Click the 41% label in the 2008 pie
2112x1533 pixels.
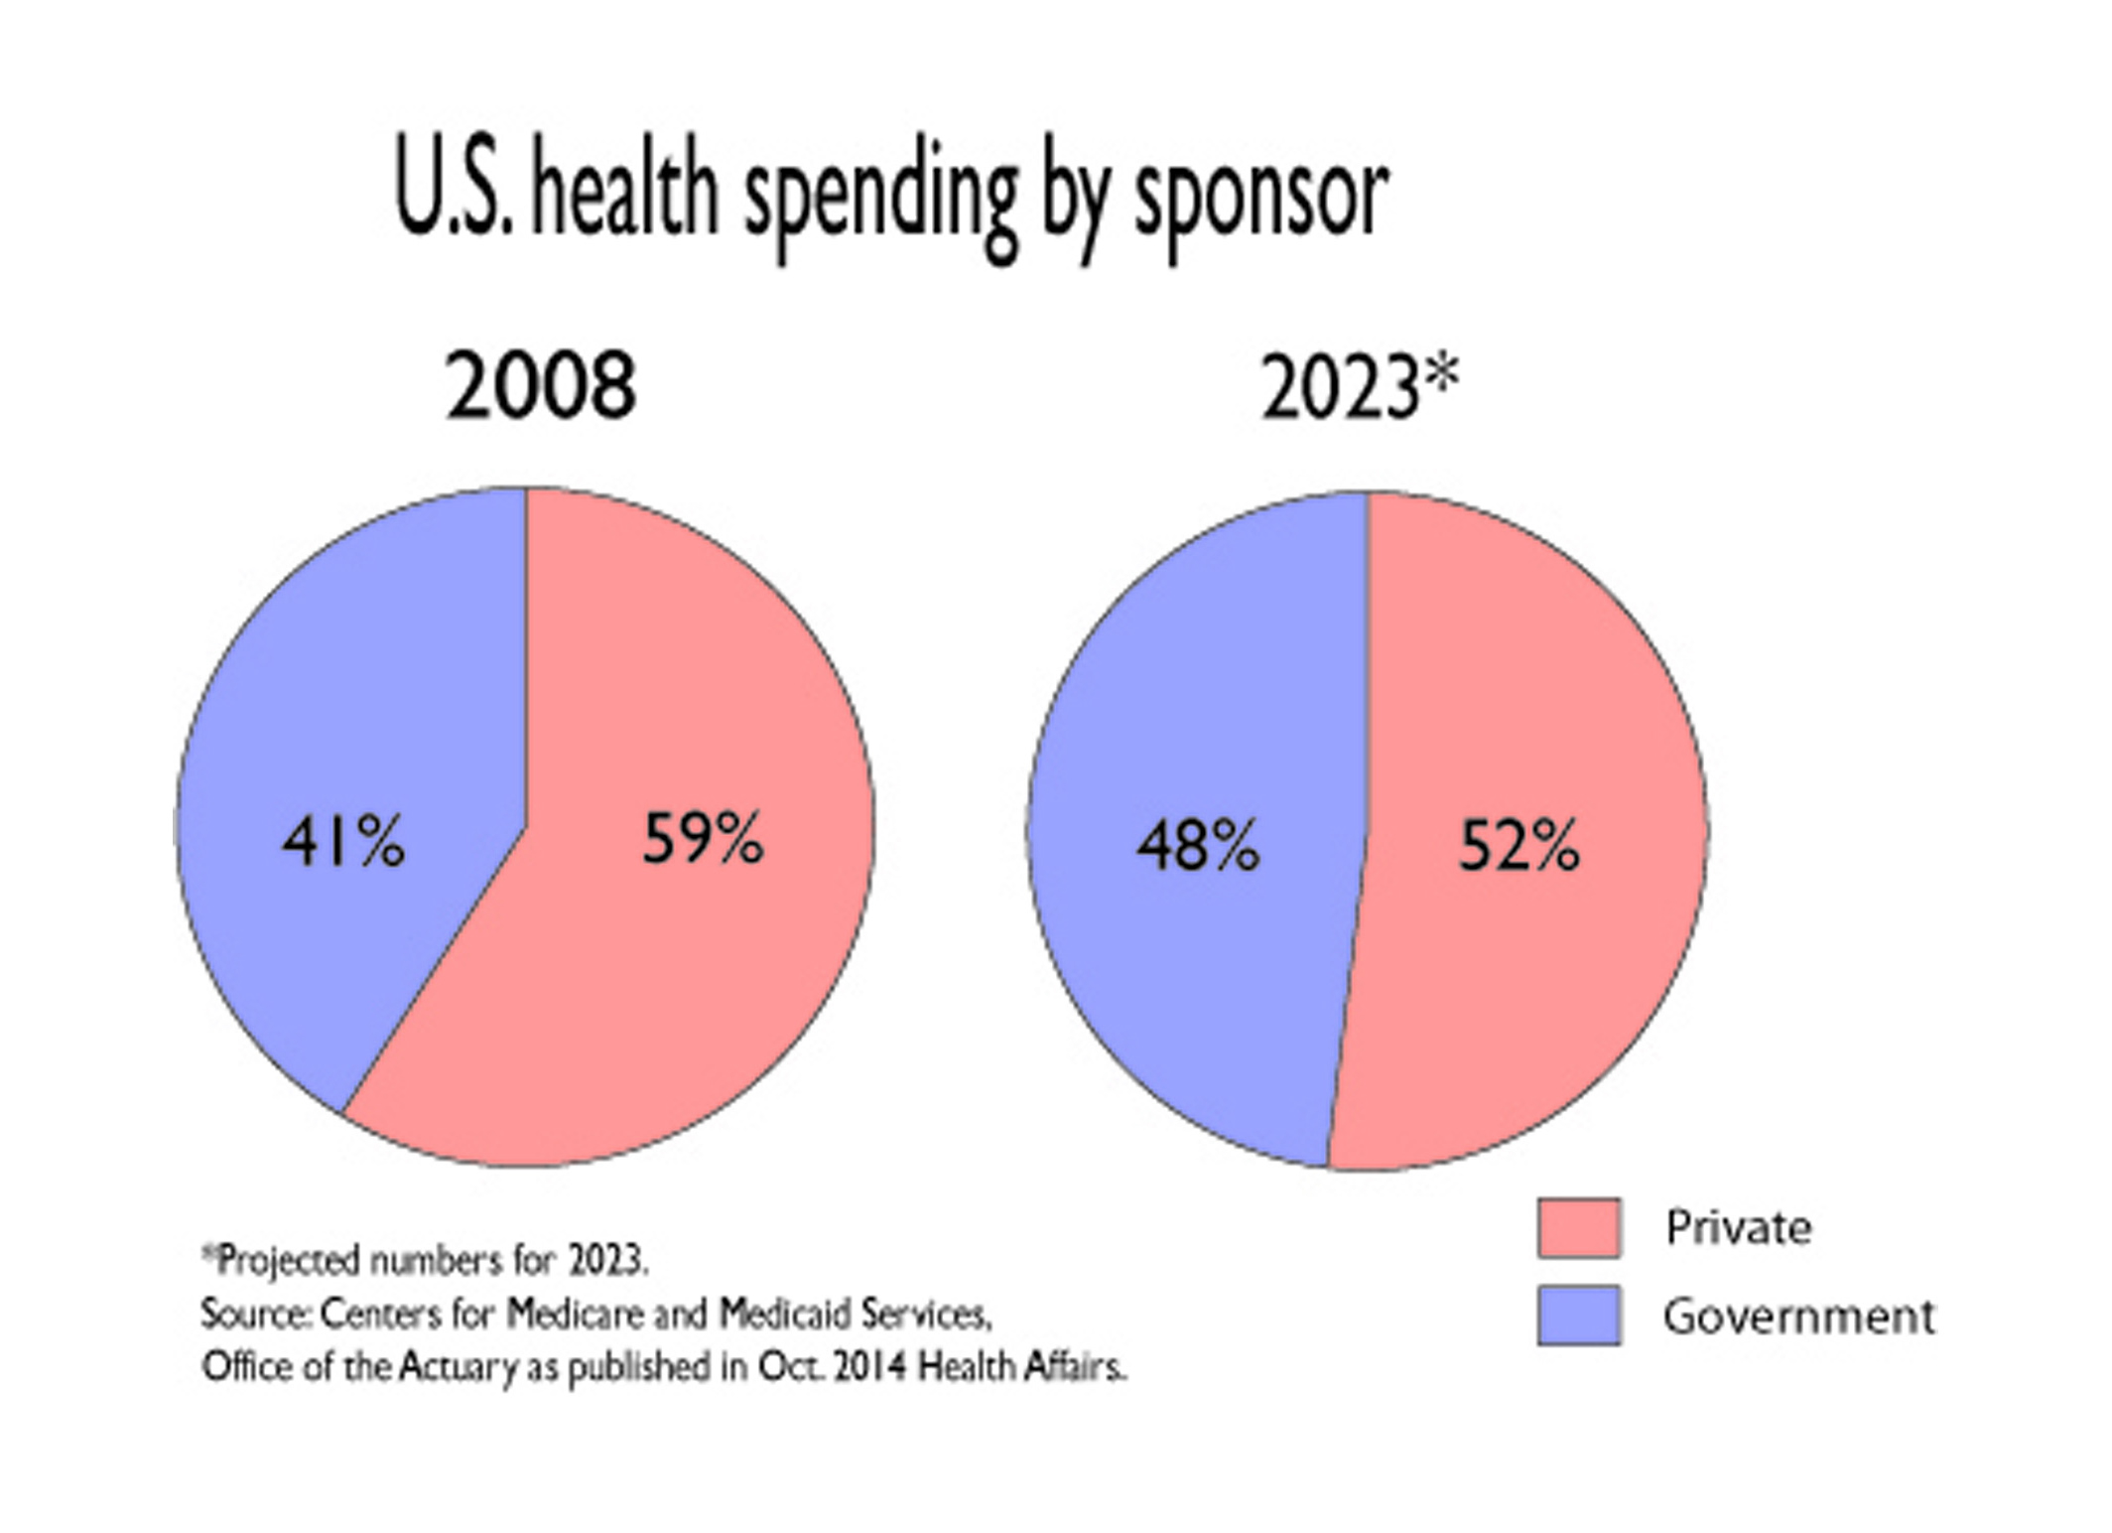pos(343,843)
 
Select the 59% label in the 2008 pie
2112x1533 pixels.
pos(703,839)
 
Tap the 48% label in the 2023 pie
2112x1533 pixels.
pos(1198,846)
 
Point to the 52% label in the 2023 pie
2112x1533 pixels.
pos(1518,846)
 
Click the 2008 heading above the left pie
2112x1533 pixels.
pos(541,386)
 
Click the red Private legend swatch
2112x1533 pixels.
pos(1579,1227)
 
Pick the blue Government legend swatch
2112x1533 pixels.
pos(1579,1315)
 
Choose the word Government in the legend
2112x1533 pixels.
pos(1798,1317)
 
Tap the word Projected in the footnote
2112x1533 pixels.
pos(288,1261)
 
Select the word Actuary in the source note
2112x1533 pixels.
pos(458,1368)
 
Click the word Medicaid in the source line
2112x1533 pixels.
pos(785,1314)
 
